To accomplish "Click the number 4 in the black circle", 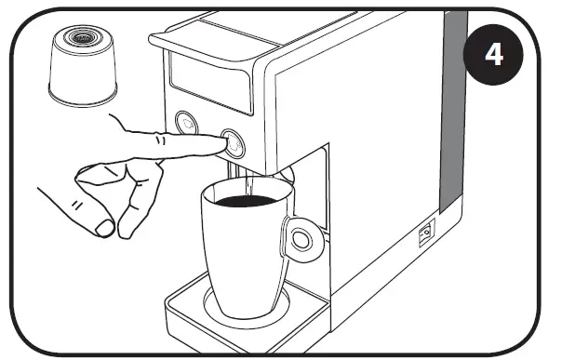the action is click(494, 54).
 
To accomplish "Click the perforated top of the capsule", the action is click(83, 37).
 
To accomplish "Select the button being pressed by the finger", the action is click(233, 142).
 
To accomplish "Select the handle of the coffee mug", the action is click(301, 238).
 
